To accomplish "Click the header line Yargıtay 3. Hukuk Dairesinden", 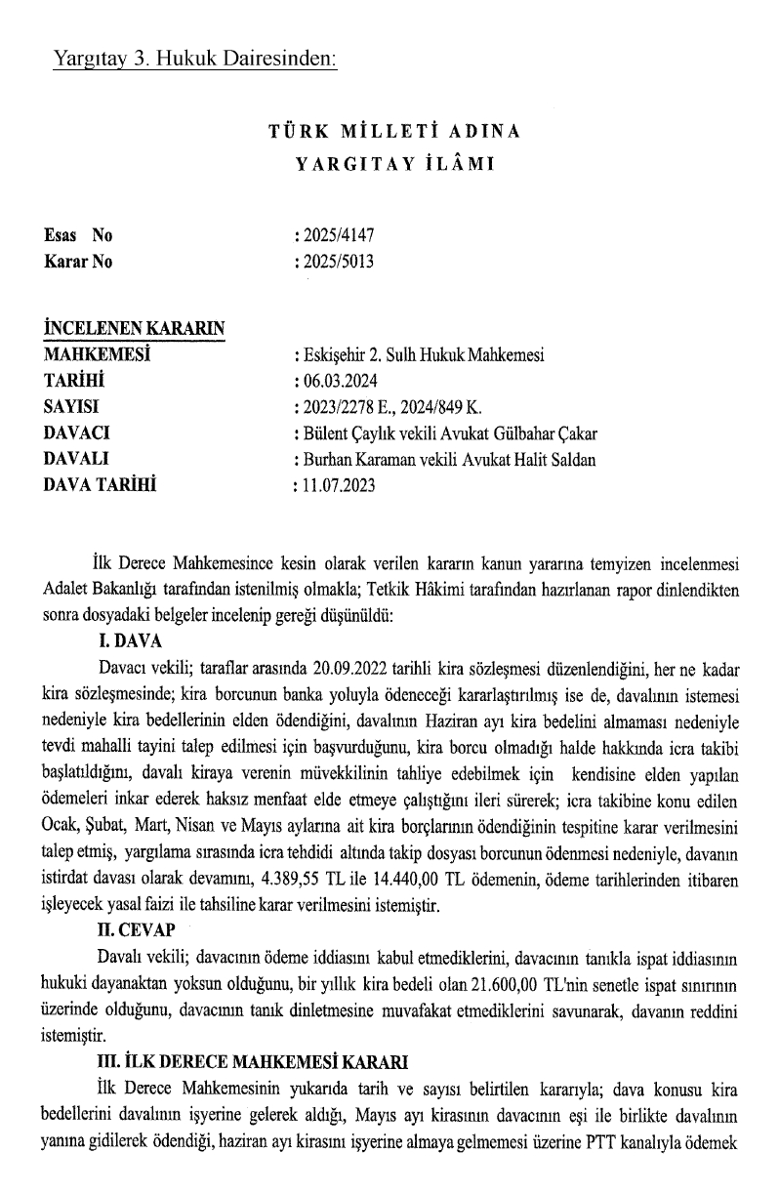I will (x=196, y=60).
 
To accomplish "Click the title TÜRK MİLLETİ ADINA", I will (x=394, y=131).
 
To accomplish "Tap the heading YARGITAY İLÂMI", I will (x=394, y=163).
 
